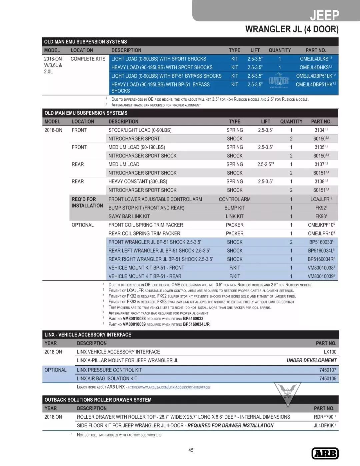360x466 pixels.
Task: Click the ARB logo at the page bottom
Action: pos(325,453)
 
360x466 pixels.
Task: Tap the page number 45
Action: pos(191,450)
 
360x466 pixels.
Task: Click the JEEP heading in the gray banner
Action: pos(324,15)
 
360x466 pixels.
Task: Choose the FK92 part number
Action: pos(321,208)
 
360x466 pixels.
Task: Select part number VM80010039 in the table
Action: pos(321,276)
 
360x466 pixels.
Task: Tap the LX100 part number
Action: pos(330,352)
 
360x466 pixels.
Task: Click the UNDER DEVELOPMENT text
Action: pos(311,360)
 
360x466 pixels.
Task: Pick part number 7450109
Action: pos(328,379)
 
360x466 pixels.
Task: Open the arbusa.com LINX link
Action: pos(169,387)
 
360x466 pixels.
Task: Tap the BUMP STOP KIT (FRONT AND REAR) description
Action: pos(146,208)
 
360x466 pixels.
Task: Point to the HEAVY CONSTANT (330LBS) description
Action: pos(138,181)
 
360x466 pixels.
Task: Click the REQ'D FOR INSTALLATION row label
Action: pos(87,202)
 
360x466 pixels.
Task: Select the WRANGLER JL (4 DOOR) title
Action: pos(292,29)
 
